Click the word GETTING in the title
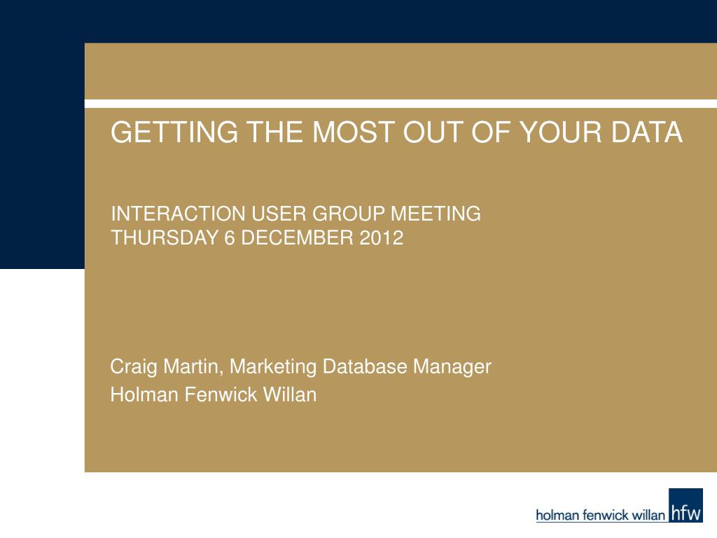(174, 132)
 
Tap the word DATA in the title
(646, 132)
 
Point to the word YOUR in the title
(561, 132)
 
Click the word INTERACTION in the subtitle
(179, 214)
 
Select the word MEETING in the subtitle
(436, 214)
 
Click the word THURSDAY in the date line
(165, 238)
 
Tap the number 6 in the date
(229, 238)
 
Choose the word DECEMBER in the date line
(297, 238)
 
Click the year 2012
(382, 238)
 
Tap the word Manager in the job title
(452, 367)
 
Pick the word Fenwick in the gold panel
(221, 395)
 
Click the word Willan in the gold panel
(289, 395)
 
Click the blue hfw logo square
(685, 505)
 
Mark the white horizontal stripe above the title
(401, 104)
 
